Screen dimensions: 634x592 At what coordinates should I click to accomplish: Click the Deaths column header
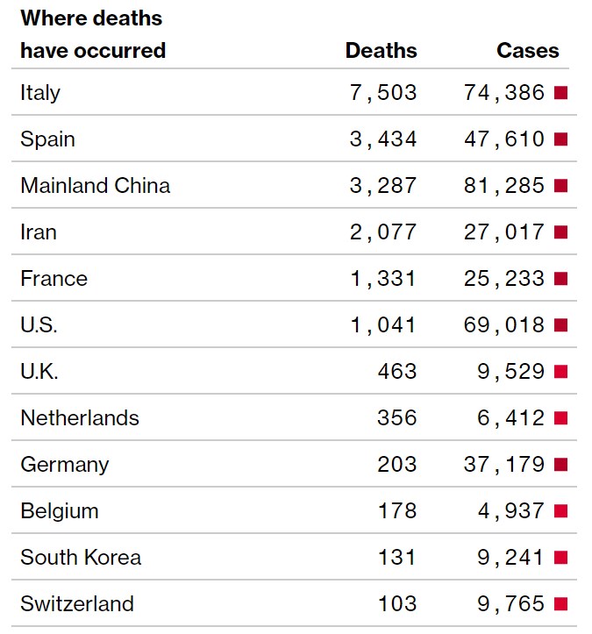(x=381, y=50)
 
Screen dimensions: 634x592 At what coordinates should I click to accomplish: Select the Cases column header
(x=527, y=50)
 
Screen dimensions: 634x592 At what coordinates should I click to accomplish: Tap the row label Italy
(x=40, y=92)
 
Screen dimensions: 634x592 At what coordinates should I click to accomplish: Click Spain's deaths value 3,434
(x=382, y=139)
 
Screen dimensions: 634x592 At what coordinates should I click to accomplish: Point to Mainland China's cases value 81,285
(x=504, y=185)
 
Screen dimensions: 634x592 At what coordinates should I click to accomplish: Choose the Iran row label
(x=39, y=232)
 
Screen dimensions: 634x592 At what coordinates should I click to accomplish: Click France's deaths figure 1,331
(x=382, y=278)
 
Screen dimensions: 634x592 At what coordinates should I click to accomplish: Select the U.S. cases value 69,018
(x=504, y=324)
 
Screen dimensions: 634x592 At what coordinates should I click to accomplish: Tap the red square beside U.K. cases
(x=561, y=371)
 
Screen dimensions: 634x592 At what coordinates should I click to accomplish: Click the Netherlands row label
(x=80, y=417)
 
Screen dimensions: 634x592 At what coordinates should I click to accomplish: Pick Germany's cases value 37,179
(x=504, y=464)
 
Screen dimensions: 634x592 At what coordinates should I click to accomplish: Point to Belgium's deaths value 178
(x=396, y=510)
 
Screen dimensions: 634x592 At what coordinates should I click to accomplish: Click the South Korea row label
(x=81, y=557)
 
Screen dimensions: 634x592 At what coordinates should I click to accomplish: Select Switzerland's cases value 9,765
(x=511, y=603)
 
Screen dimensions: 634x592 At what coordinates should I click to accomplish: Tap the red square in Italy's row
(x=561, y=92)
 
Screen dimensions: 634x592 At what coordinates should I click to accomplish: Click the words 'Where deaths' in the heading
(x=91, y=18)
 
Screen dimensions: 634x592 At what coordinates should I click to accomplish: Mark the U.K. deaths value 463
(x=396, y=371)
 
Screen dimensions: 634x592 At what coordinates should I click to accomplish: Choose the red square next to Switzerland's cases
(x=561, y=603)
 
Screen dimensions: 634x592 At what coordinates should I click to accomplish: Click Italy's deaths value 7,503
(x=382, y=92)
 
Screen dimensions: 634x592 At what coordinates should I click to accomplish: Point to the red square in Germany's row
(x=561, y=464)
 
